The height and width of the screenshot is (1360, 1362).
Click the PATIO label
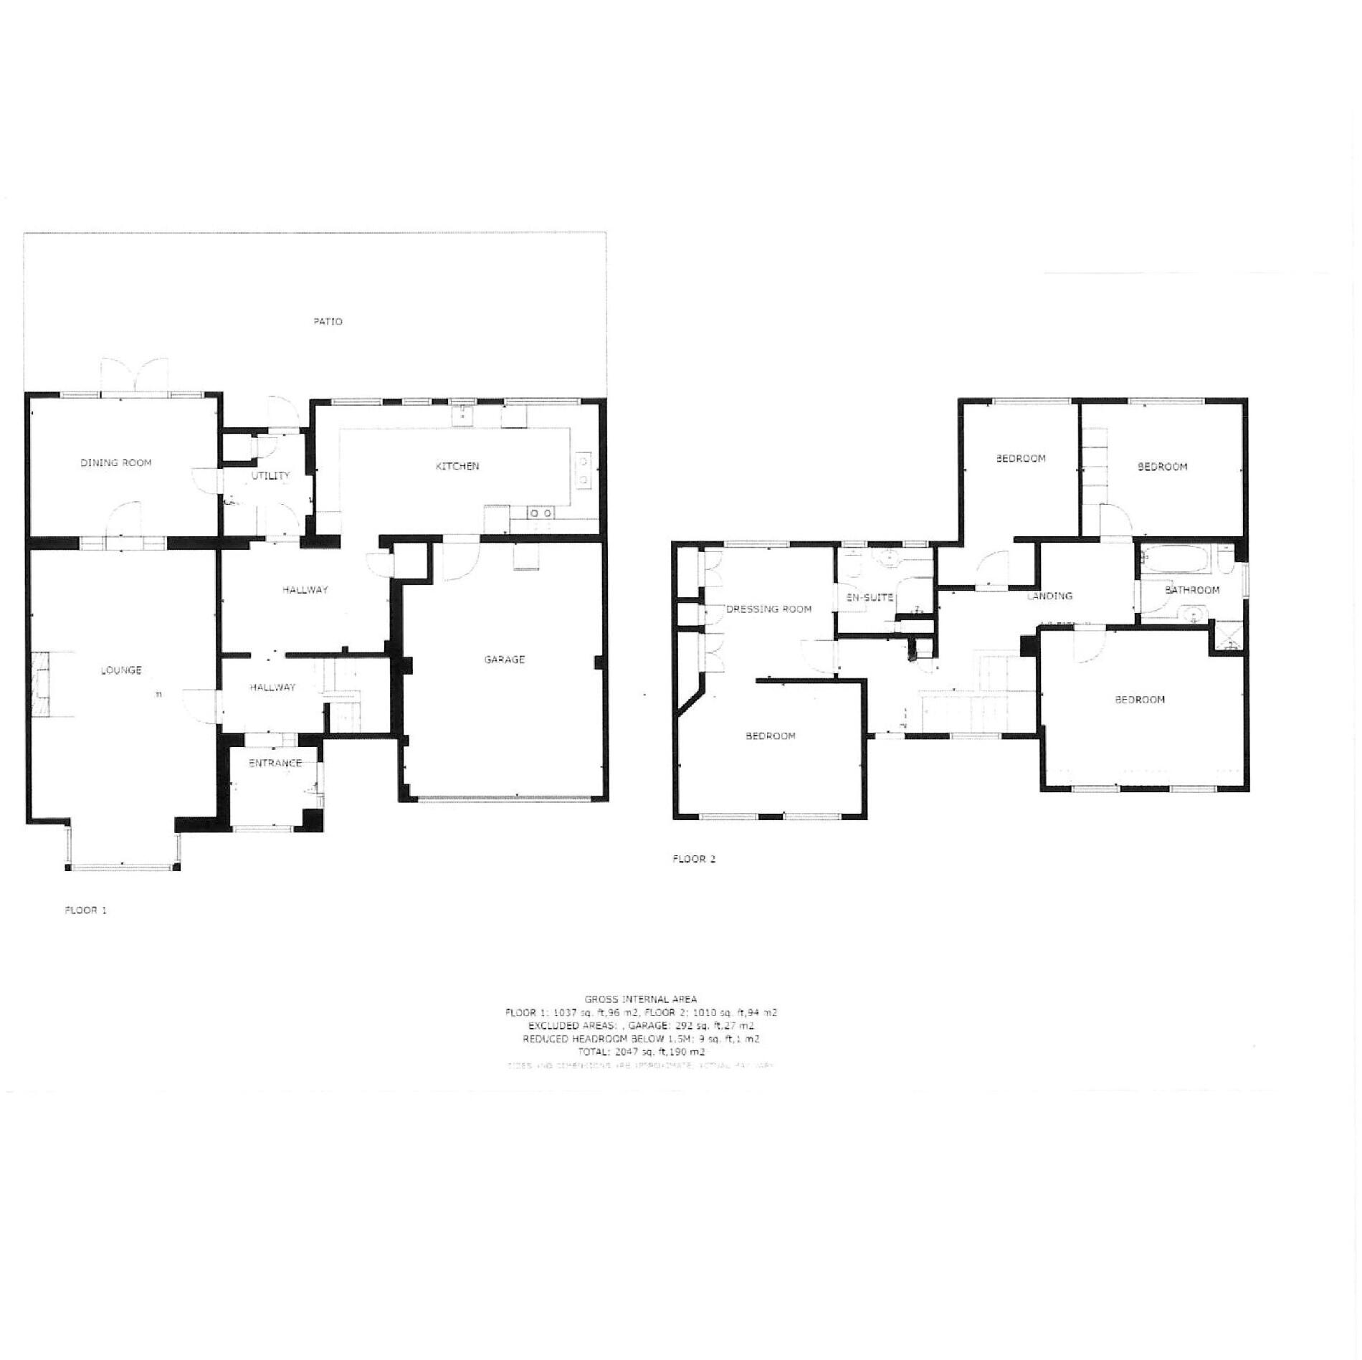(328, 321)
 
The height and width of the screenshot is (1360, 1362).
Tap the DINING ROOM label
(116, 462)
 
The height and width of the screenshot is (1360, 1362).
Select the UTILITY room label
(271, 475)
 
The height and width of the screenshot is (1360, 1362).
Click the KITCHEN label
(457, 466)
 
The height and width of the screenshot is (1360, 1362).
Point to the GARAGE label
(505, 659)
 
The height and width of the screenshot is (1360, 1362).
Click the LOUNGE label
(121, 670)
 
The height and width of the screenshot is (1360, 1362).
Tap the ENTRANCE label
(275, 763)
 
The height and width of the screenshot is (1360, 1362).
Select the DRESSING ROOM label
(768, 609)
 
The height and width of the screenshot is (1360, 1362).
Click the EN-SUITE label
(870, 596)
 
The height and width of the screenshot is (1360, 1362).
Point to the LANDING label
(1049, 596)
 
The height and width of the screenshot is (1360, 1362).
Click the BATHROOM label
(1191, 590)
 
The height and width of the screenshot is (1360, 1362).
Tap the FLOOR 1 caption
(85, 910)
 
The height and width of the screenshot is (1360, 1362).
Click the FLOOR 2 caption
(694, 859)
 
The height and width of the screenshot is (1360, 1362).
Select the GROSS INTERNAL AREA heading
(640, 999)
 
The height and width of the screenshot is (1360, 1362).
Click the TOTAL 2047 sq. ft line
(642, 1052)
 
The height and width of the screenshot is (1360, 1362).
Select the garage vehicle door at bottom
(505, 798)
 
